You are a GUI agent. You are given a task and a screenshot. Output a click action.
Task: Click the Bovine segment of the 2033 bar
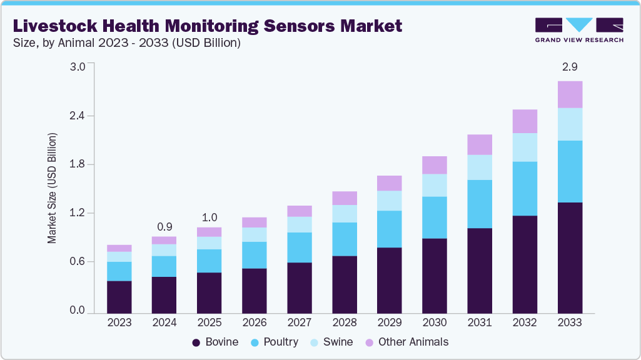point(570,257)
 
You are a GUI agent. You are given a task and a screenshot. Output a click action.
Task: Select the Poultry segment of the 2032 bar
point(525,188)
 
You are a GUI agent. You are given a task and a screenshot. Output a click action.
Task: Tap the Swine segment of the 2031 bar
point(480,167)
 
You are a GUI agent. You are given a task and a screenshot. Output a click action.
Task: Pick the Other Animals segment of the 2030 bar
point(435,165)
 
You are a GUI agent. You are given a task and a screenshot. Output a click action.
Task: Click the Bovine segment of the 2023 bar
point(119,297)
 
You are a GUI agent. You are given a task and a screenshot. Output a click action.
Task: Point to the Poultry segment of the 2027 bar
point(300,247)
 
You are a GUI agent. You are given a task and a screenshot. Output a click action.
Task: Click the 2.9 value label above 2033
point(570,66)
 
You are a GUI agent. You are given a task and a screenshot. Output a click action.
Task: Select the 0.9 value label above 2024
point(164,226)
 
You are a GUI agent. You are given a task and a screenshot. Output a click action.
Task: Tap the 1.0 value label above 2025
point(209,217)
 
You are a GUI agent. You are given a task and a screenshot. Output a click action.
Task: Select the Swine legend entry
point(331,342)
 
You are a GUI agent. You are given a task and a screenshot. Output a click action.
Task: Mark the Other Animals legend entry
point(406,342)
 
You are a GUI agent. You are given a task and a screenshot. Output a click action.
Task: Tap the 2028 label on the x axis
point(345,322)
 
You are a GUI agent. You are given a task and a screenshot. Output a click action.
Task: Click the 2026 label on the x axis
point(255,322)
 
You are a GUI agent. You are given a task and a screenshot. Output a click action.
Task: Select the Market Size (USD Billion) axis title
point(53,188)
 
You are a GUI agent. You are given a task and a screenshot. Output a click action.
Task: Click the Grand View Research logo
point(578,30)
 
